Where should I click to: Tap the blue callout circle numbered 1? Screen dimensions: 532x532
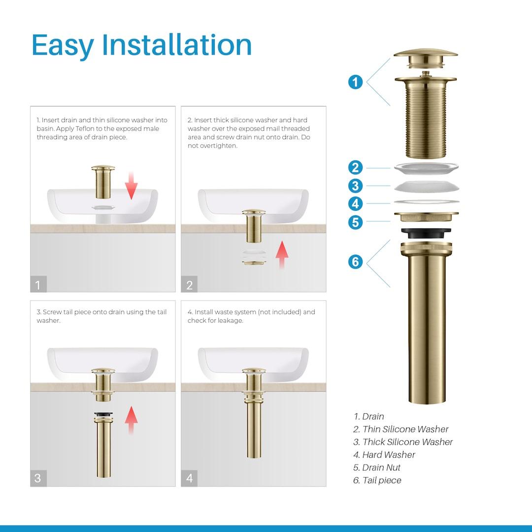coord(355,81)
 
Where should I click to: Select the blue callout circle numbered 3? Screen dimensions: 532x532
coord(355,186)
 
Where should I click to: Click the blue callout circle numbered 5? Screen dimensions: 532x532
coord(355,222)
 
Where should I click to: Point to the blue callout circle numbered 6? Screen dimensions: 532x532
coord(355,261)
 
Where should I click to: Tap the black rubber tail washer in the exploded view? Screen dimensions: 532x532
coord(426,232)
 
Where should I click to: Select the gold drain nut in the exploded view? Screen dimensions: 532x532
coord(426,216)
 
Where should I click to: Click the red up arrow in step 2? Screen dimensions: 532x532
coord(282,254)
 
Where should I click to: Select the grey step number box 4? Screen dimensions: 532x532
coord(190,478)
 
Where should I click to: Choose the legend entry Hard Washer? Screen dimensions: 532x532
coord(388,455)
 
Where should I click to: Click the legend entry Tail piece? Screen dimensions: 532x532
coord(381,480)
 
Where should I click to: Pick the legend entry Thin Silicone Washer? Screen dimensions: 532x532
coord(405,429)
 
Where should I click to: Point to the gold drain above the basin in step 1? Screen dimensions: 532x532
coord(103,182)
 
